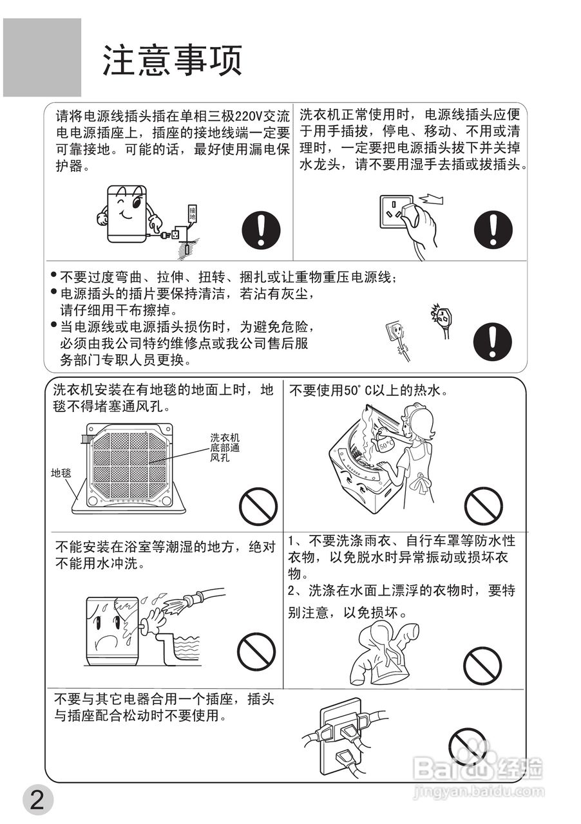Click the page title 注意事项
(173, 61)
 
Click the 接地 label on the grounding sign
(192, 213)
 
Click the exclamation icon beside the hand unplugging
(493, 229)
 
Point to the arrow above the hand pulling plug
(431, 200)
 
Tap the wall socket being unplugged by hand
(397, 212)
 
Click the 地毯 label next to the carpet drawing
(61, 473)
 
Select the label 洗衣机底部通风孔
(225, 447)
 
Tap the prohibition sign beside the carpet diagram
(258, 507)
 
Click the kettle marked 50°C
(385, 445)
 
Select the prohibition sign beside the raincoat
(482, 666)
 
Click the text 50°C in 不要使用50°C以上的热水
(352, 390)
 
